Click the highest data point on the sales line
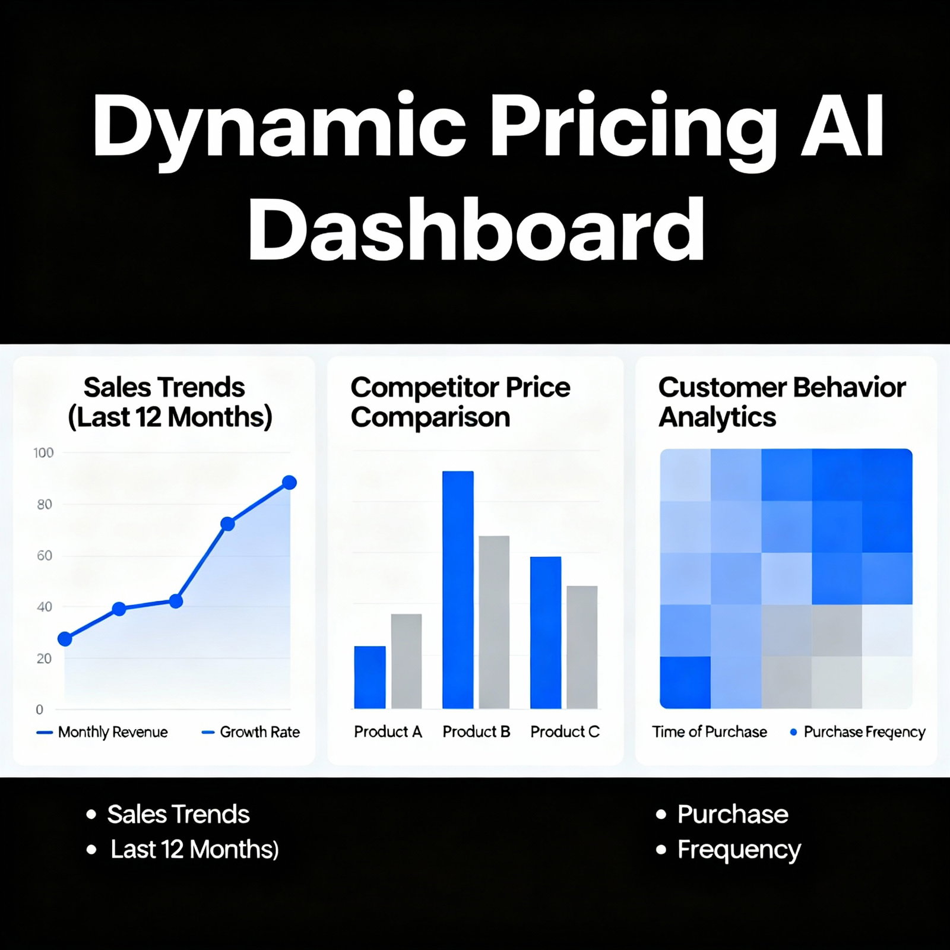(289, 482)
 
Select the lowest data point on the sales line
(65, 639)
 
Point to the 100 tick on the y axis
(43, 453)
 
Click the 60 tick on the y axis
(45, 556)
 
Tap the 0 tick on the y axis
(40, 710)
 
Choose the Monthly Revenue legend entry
(102, 732)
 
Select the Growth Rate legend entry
(251, 732)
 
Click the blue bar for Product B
(458, 590)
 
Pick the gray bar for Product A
(406, 661)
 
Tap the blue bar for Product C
(546, 632)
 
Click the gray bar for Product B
(494, 622)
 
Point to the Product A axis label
(388, 731)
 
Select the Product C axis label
(565, 731)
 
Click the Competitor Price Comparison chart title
(460, 402)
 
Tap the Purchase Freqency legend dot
(793, 732)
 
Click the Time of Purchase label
(710, 731)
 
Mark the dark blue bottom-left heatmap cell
(685, 682)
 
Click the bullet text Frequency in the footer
(739, 850)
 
